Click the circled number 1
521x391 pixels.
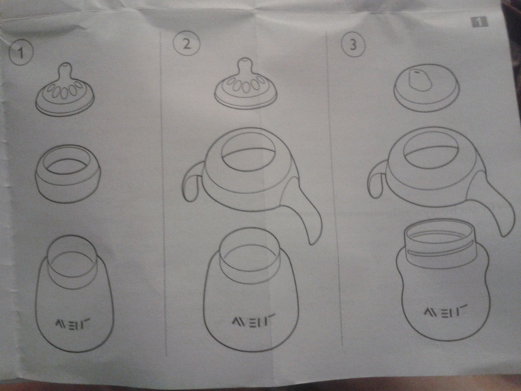pyautogui.click(x=21, y=53)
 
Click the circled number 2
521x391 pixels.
pyautogui.click(x=187, y=44)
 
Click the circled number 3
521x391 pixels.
pyautogui.click(x=353, y=44)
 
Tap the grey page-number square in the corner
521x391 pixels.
pyautogui.click(x=479, y=22)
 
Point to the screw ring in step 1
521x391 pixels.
pyautogui.click(x=68, y=173)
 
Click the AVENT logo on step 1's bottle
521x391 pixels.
pyautogui.click(x=72, y=323)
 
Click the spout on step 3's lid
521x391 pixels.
pyautogui.click(x=418, y=80)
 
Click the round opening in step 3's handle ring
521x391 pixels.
pyautogui.click(x=432, y=149)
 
